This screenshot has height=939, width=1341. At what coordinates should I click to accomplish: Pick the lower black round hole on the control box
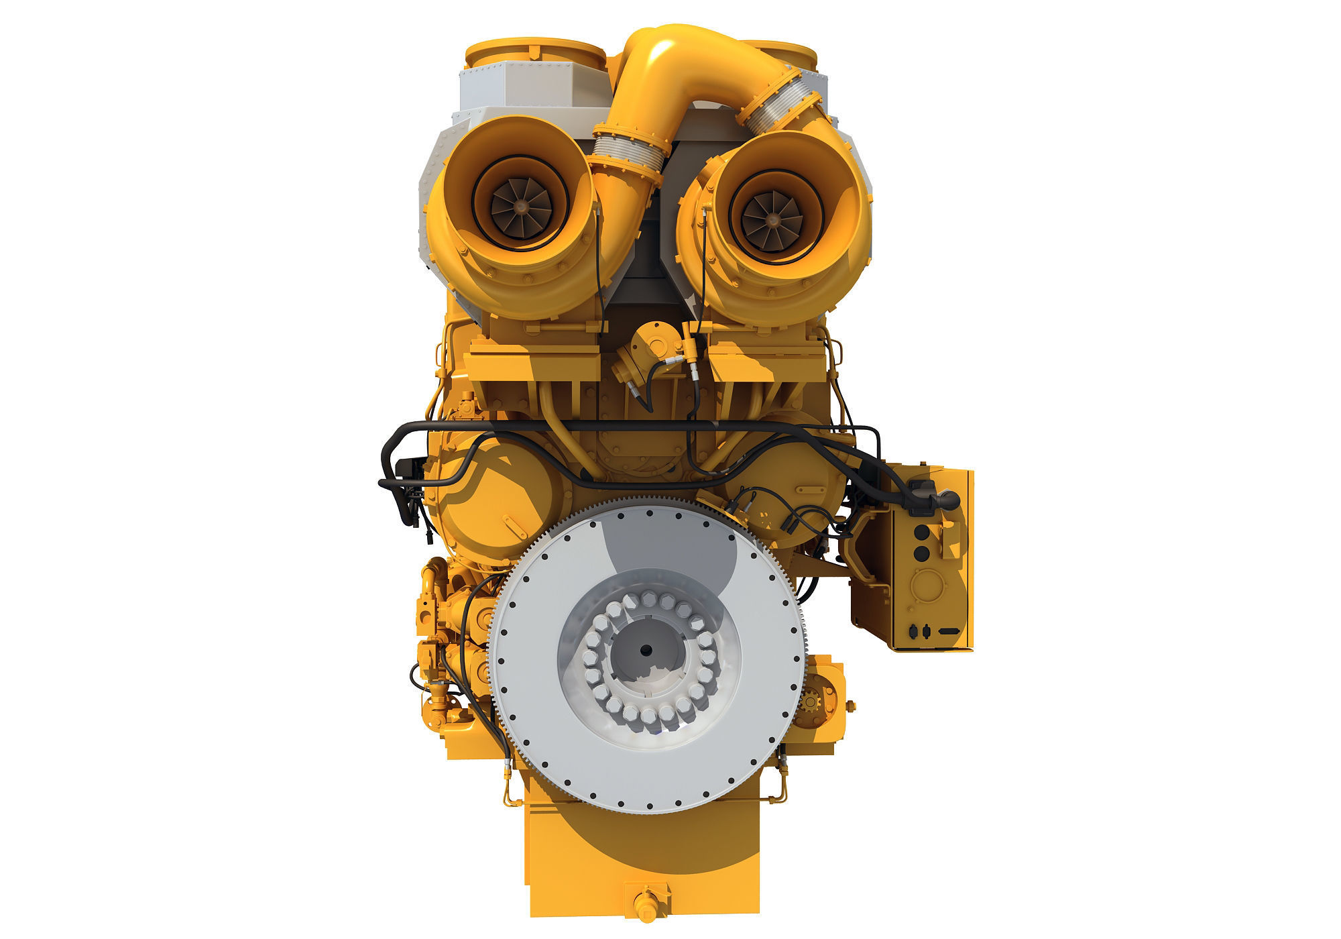[x=922, y=553]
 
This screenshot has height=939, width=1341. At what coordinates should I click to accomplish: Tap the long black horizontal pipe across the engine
[x=637, y=427]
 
